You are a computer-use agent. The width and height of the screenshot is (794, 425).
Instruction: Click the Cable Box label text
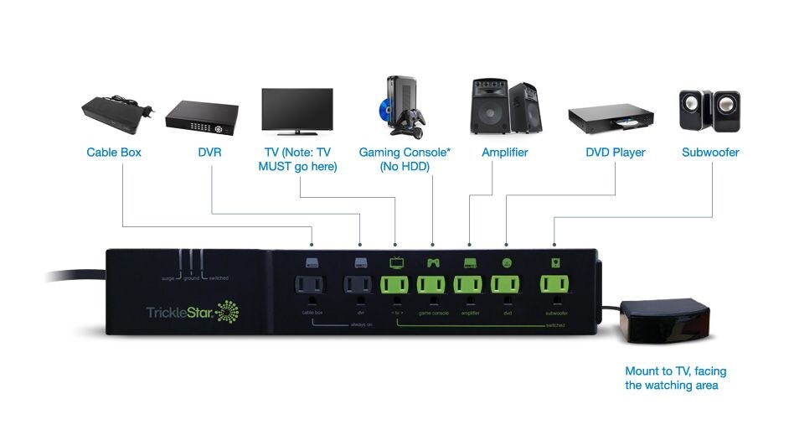(x=114, y=153)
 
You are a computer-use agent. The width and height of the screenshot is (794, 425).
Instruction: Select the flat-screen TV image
(x=297, y=111)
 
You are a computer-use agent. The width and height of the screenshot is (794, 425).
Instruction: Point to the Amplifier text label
(x=505, y=153)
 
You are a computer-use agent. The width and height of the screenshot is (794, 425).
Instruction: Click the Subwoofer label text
(x=710, y=153)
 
